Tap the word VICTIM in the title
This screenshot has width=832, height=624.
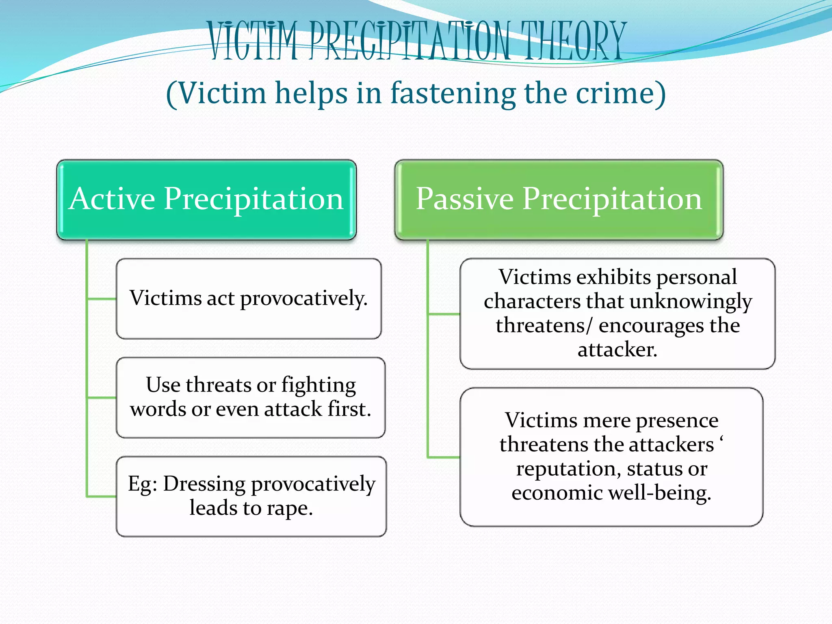click(253, 41)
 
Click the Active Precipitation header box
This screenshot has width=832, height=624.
click(206, 199)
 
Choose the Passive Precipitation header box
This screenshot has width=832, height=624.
click(559, 199)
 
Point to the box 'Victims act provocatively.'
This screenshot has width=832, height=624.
click(249, 299)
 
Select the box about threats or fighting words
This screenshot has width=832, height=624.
click(251, 397)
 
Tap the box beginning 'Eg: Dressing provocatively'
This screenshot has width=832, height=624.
click(251, 496)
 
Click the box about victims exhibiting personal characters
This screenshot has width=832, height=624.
click(617, 313)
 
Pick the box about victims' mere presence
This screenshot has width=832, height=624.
click(611, 457)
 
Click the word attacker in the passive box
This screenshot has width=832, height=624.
click(617, 349)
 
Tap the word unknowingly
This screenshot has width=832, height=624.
click(691, 301)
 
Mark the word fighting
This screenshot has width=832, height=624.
click(318, 385)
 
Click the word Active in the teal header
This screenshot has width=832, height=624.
click(112, 199)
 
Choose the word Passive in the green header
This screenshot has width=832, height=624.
click(465, 199)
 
